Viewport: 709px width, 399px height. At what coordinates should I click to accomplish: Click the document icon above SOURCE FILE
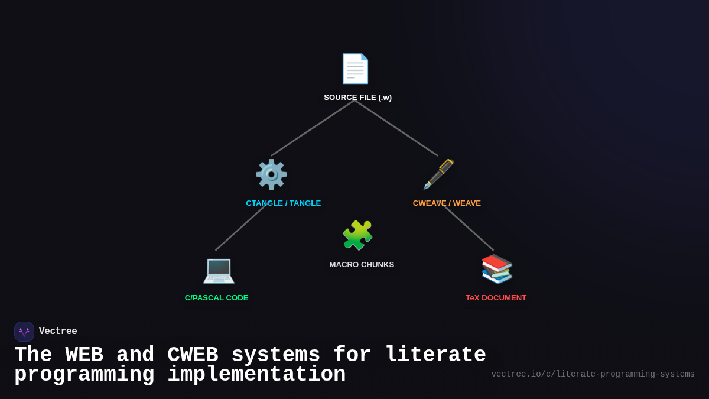coord(354,69)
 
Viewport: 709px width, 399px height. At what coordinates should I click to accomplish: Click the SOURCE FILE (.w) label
coord(357,98)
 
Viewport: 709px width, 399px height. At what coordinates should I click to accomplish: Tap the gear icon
coord(271,174)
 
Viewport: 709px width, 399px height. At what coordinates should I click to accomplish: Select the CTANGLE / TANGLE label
coord(283,203)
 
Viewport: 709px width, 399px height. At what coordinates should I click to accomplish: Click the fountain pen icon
coord(438,174)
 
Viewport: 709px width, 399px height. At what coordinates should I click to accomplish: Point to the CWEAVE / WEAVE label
coord(447,203)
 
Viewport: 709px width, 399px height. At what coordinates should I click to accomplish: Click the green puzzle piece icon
coord(357,235)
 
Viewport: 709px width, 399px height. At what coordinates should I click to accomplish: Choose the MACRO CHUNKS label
coord(362,265)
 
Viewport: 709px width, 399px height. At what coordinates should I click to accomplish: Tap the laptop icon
coord(219,270)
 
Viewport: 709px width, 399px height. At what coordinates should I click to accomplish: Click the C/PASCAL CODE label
coord(216,298)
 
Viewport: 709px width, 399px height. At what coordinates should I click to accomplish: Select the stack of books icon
coord(496,269)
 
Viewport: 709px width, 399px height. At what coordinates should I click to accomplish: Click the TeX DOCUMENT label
coord(496,298)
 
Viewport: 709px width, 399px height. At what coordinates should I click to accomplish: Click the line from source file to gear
coord(313,128)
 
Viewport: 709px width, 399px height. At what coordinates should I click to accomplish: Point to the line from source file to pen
coord(396,128)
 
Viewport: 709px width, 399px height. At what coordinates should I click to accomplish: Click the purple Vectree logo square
coord(24,332)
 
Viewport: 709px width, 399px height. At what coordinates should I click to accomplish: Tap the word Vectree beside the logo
coord(58,332)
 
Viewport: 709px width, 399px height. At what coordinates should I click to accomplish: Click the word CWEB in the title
coord(193,355)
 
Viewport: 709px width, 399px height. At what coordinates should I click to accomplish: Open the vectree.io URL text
coord(593,374)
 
